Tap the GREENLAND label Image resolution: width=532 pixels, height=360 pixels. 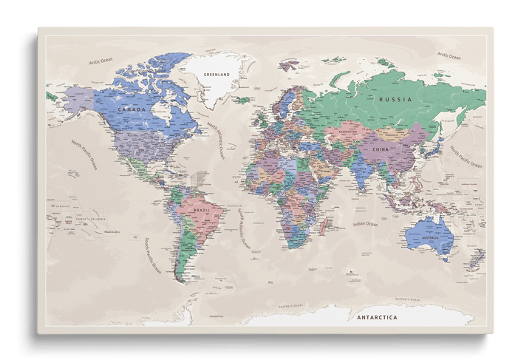216,75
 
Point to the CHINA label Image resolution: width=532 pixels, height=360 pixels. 380,149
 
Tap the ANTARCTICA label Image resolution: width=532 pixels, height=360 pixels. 376,317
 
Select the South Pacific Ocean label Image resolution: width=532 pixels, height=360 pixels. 153,255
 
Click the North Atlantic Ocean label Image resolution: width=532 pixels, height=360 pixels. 216,140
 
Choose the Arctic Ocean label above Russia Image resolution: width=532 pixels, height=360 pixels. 449,55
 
